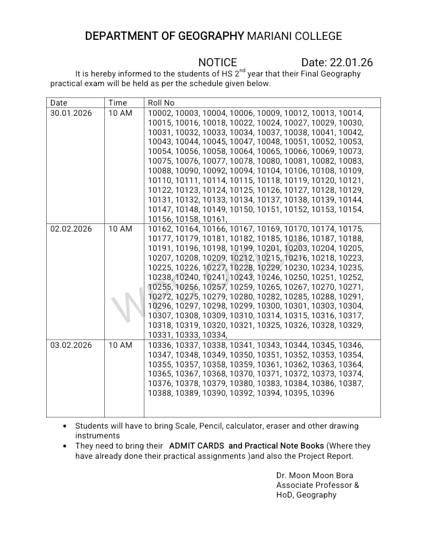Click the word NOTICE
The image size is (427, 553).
pos(217,62)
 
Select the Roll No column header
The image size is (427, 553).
pos(161,103)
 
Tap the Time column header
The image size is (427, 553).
pos(118,103)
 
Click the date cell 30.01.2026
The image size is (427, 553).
pos(71,113)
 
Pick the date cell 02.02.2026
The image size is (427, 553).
pos(71,229)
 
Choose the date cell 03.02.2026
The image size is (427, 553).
pos(71,345)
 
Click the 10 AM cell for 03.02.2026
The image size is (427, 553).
pos(120,345)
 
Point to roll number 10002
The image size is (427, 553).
pos(160,113)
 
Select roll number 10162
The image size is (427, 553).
pos(160,229)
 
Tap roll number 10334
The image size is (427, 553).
pos(214,335)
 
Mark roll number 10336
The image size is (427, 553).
pos(160,345)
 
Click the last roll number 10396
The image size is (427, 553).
pos(323,393)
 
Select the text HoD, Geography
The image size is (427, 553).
pos(306,495)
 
